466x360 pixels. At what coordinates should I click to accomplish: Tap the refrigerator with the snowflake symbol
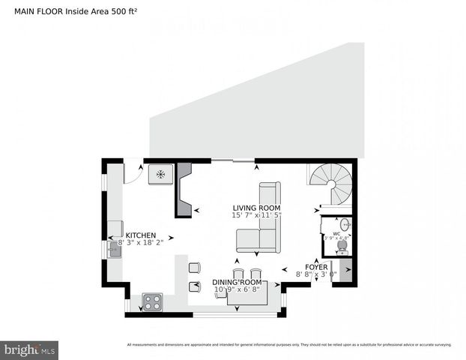(160, 174)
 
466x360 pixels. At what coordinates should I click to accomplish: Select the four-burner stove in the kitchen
(153, 302)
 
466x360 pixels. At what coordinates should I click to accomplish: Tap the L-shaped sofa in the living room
(262, 225)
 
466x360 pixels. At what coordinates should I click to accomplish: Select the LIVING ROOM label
(255, 208)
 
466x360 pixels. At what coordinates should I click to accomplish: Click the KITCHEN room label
(140, 235)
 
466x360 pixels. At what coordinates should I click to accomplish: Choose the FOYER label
(316, 267)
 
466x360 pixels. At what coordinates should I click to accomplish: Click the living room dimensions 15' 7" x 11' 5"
(255, 216)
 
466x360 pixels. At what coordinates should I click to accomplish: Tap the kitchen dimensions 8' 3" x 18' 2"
(142, 243)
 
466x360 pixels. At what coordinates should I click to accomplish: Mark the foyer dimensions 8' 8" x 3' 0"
(316, 275)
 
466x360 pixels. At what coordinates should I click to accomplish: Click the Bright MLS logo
(30, 349)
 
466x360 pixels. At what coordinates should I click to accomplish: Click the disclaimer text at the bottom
(288, 345)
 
